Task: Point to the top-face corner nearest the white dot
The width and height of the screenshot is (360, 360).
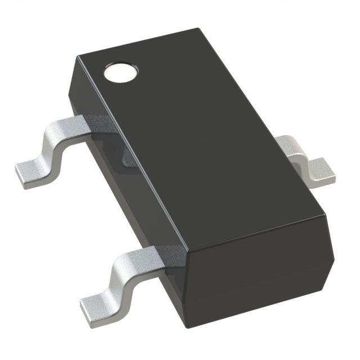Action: click(79, 56)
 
